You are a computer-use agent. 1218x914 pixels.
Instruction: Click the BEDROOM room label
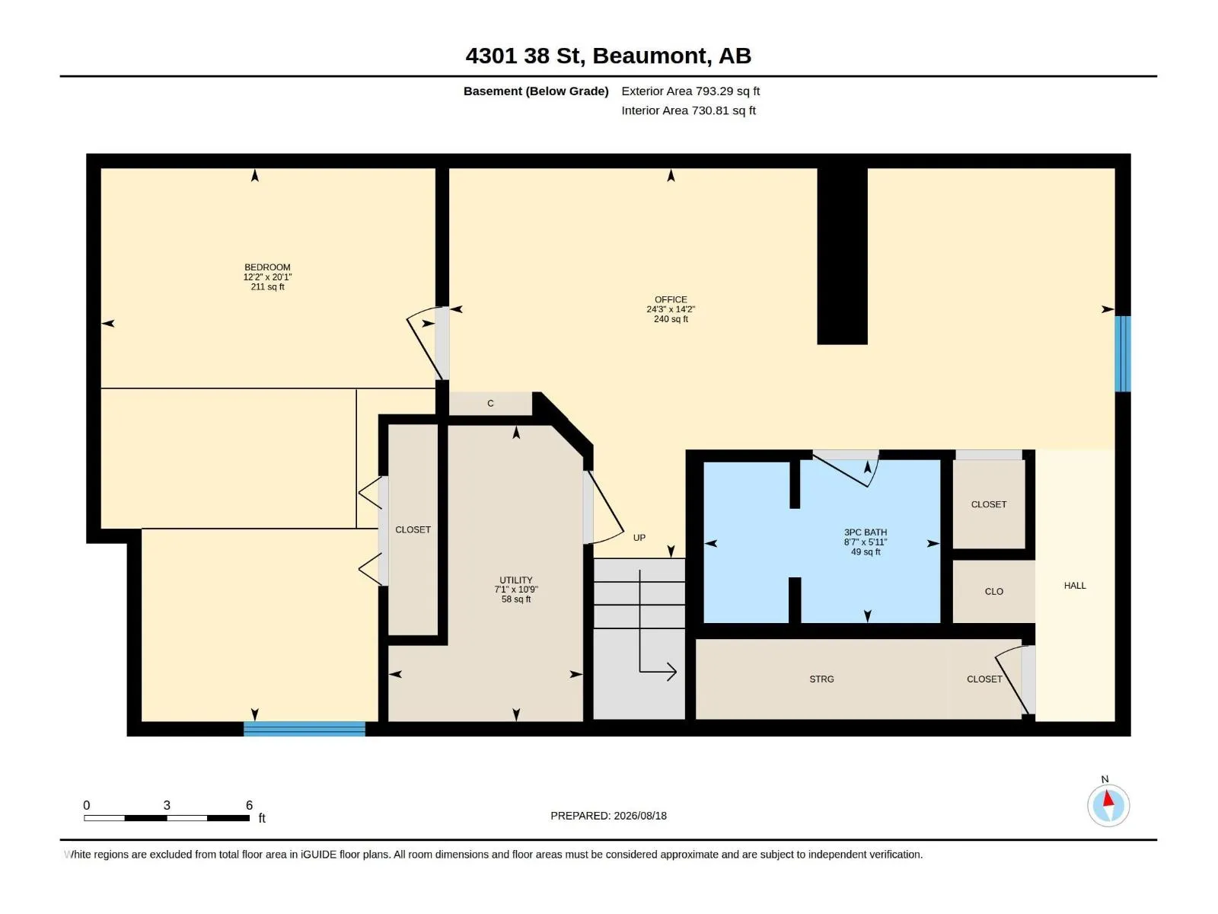(267, 267)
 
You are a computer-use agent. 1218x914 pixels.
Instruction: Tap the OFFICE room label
(671, 299)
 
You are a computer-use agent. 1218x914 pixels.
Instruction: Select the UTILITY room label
(515, 580)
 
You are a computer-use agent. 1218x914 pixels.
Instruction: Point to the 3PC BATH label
(865, 532)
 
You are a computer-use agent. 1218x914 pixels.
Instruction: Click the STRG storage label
(821, 679)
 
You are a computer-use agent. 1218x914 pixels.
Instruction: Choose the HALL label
(1074, 585)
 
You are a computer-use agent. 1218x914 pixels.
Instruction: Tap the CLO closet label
(993, 591)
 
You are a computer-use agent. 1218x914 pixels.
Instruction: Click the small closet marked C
(490, 404)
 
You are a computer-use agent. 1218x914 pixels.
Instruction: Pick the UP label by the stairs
(639, 537)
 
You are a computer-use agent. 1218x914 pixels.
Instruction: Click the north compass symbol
(1108, 804)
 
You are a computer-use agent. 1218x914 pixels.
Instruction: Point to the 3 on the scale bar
(167, 804)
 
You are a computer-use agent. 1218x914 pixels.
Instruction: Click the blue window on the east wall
(1122, 353)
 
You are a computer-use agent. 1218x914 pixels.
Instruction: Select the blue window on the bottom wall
(304, 728)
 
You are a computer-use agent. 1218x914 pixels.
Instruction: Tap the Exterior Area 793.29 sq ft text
(690, 91)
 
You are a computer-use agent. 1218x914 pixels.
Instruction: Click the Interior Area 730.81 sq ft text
(688, 110)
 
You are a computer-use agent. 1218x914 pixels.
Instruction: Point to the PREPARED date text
(608, 815)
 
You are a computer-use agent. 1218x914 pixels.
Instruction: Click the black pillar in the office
(842, 256)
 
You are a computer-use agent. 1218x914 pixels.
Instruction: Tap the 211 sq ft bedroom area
(267, 286)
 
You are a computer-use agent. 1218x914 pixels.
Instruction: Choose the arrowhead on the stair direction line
(671, 672)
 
